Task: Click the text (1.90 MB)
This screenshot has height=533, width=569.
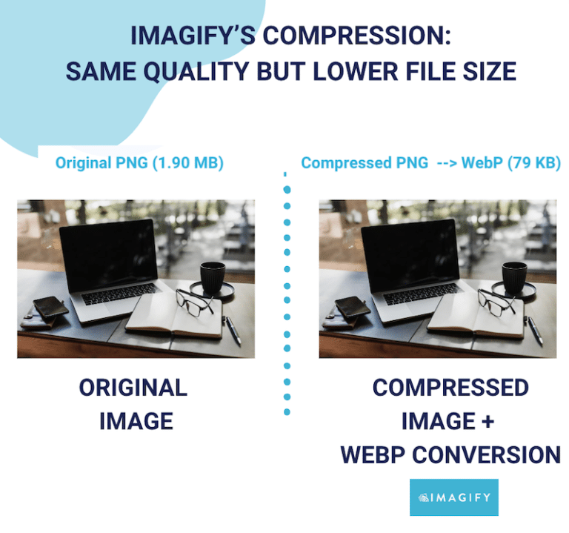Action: point(187,163)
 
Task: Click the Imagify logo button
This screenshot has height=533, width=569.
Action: point(453,497)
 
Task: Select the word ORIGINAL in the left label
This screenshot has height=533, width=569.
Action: point(133,388)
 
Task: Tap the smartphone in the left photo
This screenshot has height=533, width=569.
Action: point(50,305)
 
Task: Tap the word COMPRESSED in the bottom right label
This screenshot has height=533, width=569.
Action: point(450,388)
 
